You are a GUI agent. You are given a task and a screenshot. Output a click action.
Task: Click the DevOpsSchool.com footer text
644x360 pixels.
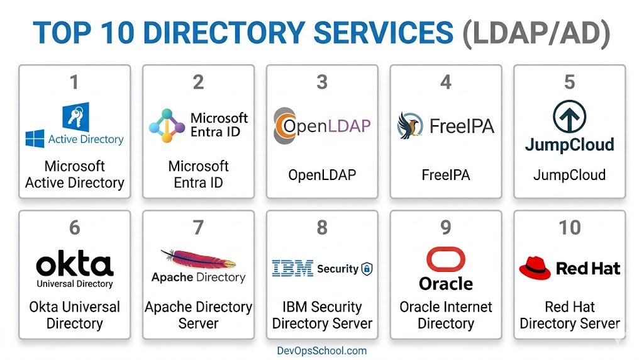(x=321, y=351)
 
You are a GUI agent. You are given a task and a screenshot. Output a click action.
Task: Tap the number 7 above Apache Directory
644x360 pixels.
(x=198, y=227)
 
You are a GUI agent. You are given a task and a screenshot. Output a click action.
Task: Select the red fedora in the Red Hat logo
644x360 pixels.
(x=535, y=268)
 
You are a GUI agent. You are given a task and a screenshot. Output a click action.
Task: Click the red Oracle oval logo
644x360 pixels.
(x=446, y=259)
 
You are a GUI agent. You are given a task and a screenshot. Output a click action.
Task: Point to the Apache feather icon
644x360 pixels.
(x=198, y=259)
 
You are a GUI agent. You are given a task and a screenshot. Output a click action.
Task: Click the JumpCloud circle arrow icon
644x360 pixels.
(x=569, y=116)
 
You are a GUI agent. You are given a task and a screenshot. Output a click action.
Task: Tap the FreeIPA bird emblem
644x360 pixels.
(x=409, y=125)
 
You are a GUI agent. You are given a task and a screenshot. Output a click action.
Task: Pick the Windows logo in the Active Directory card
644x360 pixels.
(x=35, y=138)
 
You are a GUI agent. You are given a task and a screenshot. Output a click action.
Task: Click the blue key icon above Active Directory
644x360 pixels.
(x=76, y=116)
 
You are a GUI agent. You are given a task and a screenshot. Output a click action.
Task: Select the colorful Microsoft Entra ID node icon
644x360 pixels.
(x=167, y=126)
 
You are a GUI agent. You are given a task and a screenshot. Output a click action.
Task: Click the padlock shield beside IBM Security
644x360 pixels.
(x=367, y=269)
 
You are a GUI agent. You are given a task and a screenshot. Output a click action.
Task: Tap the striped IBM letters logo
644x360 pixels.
(x=292, y=268)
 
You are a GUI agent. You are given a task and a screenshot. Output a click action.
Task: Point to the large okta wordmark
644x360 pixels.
(x=75, y=263)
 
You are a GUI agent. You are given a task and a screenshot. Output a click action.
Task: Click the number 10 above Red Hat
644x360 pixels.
(x=570, y=227)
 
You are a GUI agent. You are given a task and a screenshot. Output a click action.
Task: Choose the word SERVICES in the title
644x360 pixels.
(x=383, y=33)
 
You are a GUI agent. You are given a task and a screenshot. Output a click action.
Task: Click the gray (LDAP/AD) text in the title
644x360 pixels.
(x=536, y=33)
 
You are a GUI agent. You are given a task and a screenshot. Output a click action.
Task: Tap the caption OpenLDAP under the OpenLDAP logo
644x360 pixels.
(x=322, y=175)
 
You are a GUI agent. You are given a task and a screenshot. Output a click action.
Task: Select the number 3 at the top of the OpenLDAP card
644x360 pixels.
(x=322, y=82)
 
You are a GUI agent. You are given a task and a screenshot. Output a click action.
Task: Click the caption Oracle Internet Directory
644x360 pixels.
(x=446, y=315)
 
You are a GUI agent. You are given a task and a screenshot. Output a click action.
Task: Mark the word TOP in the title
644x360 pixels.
(x=62, y=33)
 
